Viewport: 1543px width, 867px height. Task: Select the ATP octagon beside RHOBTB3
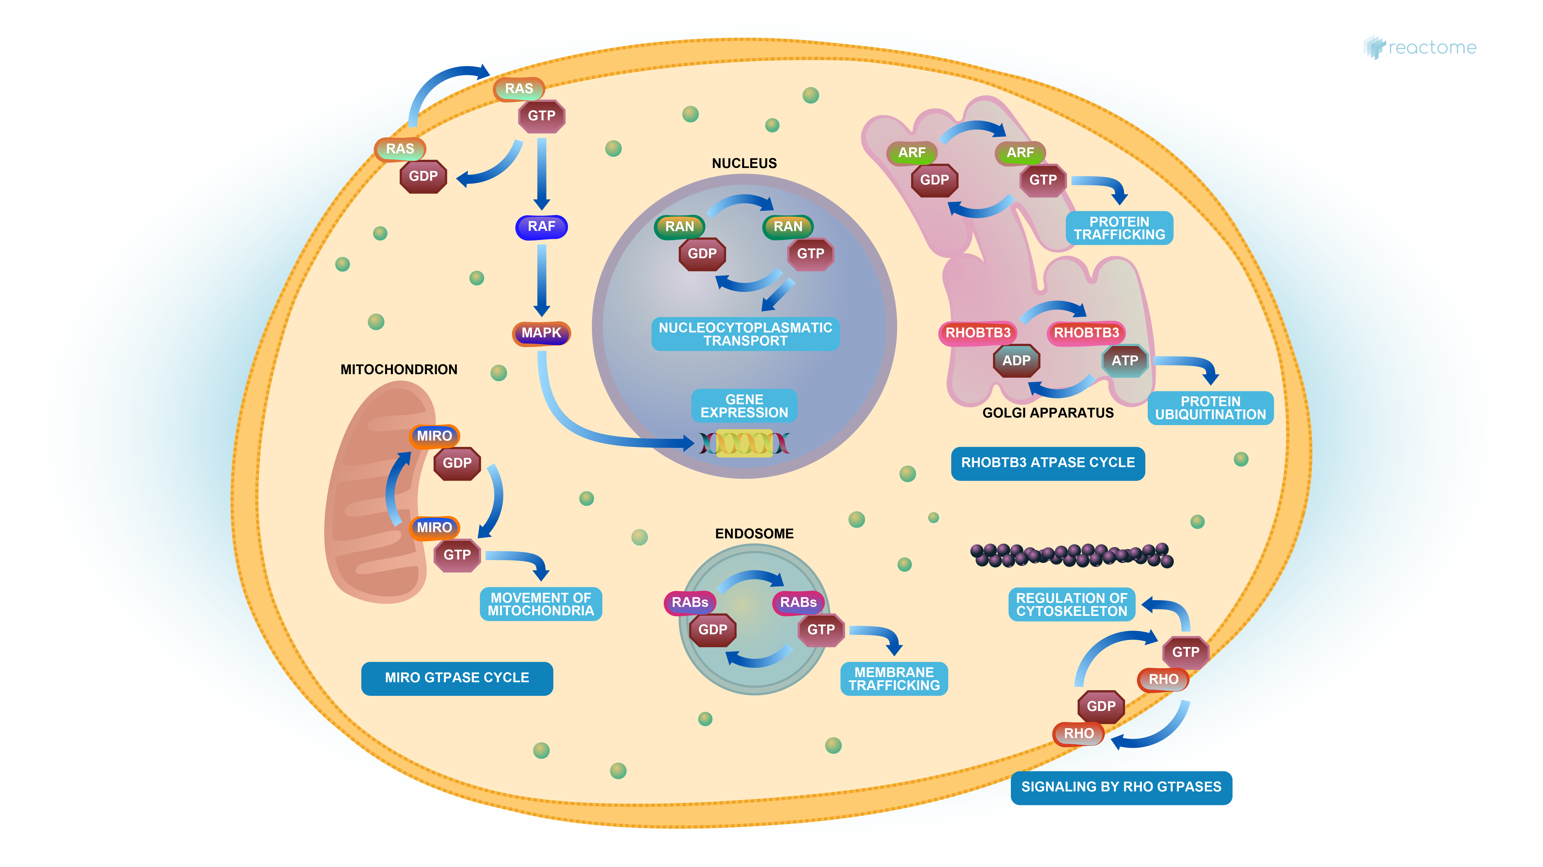click(x=1125, y=360)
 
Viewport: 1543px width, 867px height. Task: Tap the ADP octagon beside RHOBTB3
click(x=1017, y=360)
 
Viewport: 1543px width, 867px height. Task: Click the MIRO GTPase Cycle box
click(x=457, y=678)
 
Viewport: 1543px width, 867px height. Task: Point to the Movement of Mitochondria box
click(x=541, y=604)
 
